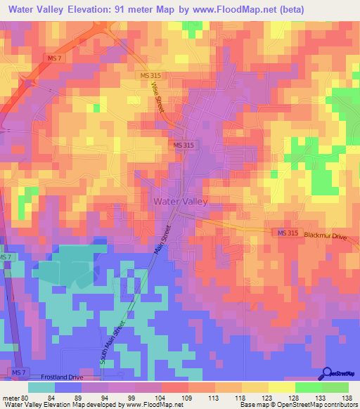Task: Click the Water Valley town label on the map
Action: pyautogui.click(x=179, y=201)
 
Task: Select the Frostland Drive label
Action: pyautogui.click(x=61, y=377)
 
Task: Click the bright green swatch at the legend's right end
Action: pyautogui.click(x=335, y=387)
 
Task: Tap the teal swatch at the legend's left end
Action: pyautogui.click(x=41, y=387)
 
